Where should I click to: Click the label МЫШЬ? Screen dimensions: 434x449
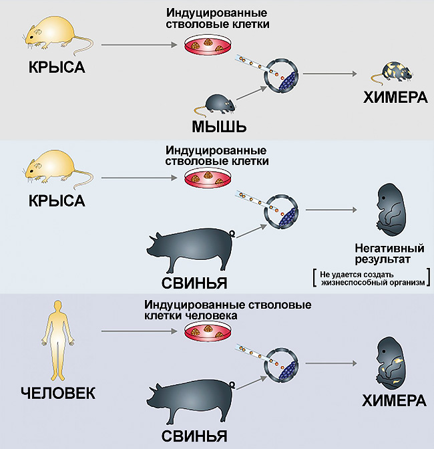click(x=219, y=126)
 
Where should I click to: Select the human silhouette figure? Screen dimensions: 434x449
click(x=57, y=340)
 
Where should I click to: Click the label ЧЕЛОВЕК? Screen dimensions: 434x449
click(x=58, y=393)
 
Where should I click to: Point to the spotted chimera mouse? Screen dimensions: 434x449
click(x=392, y=72)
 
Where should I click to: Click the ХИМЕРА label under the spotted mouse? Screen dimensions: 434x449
click(x=395, y=98)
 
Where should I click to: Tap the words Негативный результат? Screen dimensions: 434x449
click(x=389, y=253)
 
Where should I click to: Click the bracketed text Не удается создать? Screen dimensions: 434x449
click(x=357, y=275)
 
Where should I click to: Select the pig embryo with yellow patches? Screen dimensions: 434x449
click(x=390, y=363)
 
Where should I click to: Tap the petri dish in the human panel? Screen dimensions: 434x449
click(x=208, y=331)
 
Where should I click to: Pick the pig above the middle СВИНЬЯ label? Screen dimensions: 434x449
click(x=190, y=250)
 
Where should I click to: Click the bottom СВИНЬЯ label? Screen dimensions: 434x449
click(x=194, y=437)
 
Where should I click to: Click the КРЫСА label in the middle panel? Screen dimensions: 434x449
click(x=57, y=200)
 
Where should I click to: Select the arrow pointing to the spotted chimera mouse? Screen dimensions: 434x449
click(x=330, y=74)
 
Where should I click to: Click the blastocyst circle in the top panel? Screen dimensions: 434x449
click(x=281, y=75)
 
